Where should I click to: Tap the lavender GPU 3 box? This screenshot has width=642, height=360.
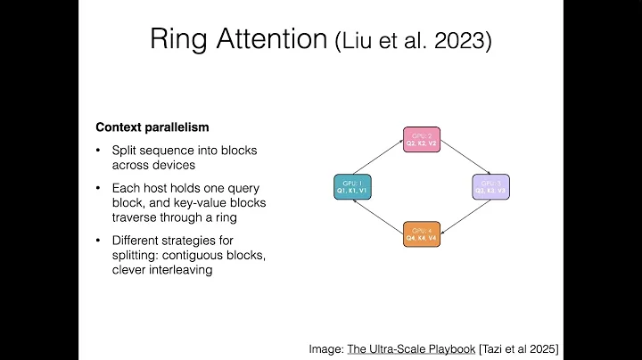490,186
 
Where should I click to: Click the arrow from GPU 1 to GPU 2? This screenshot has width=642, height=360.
376,159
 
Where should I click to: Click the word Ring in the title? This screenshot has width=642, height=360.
177,40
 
